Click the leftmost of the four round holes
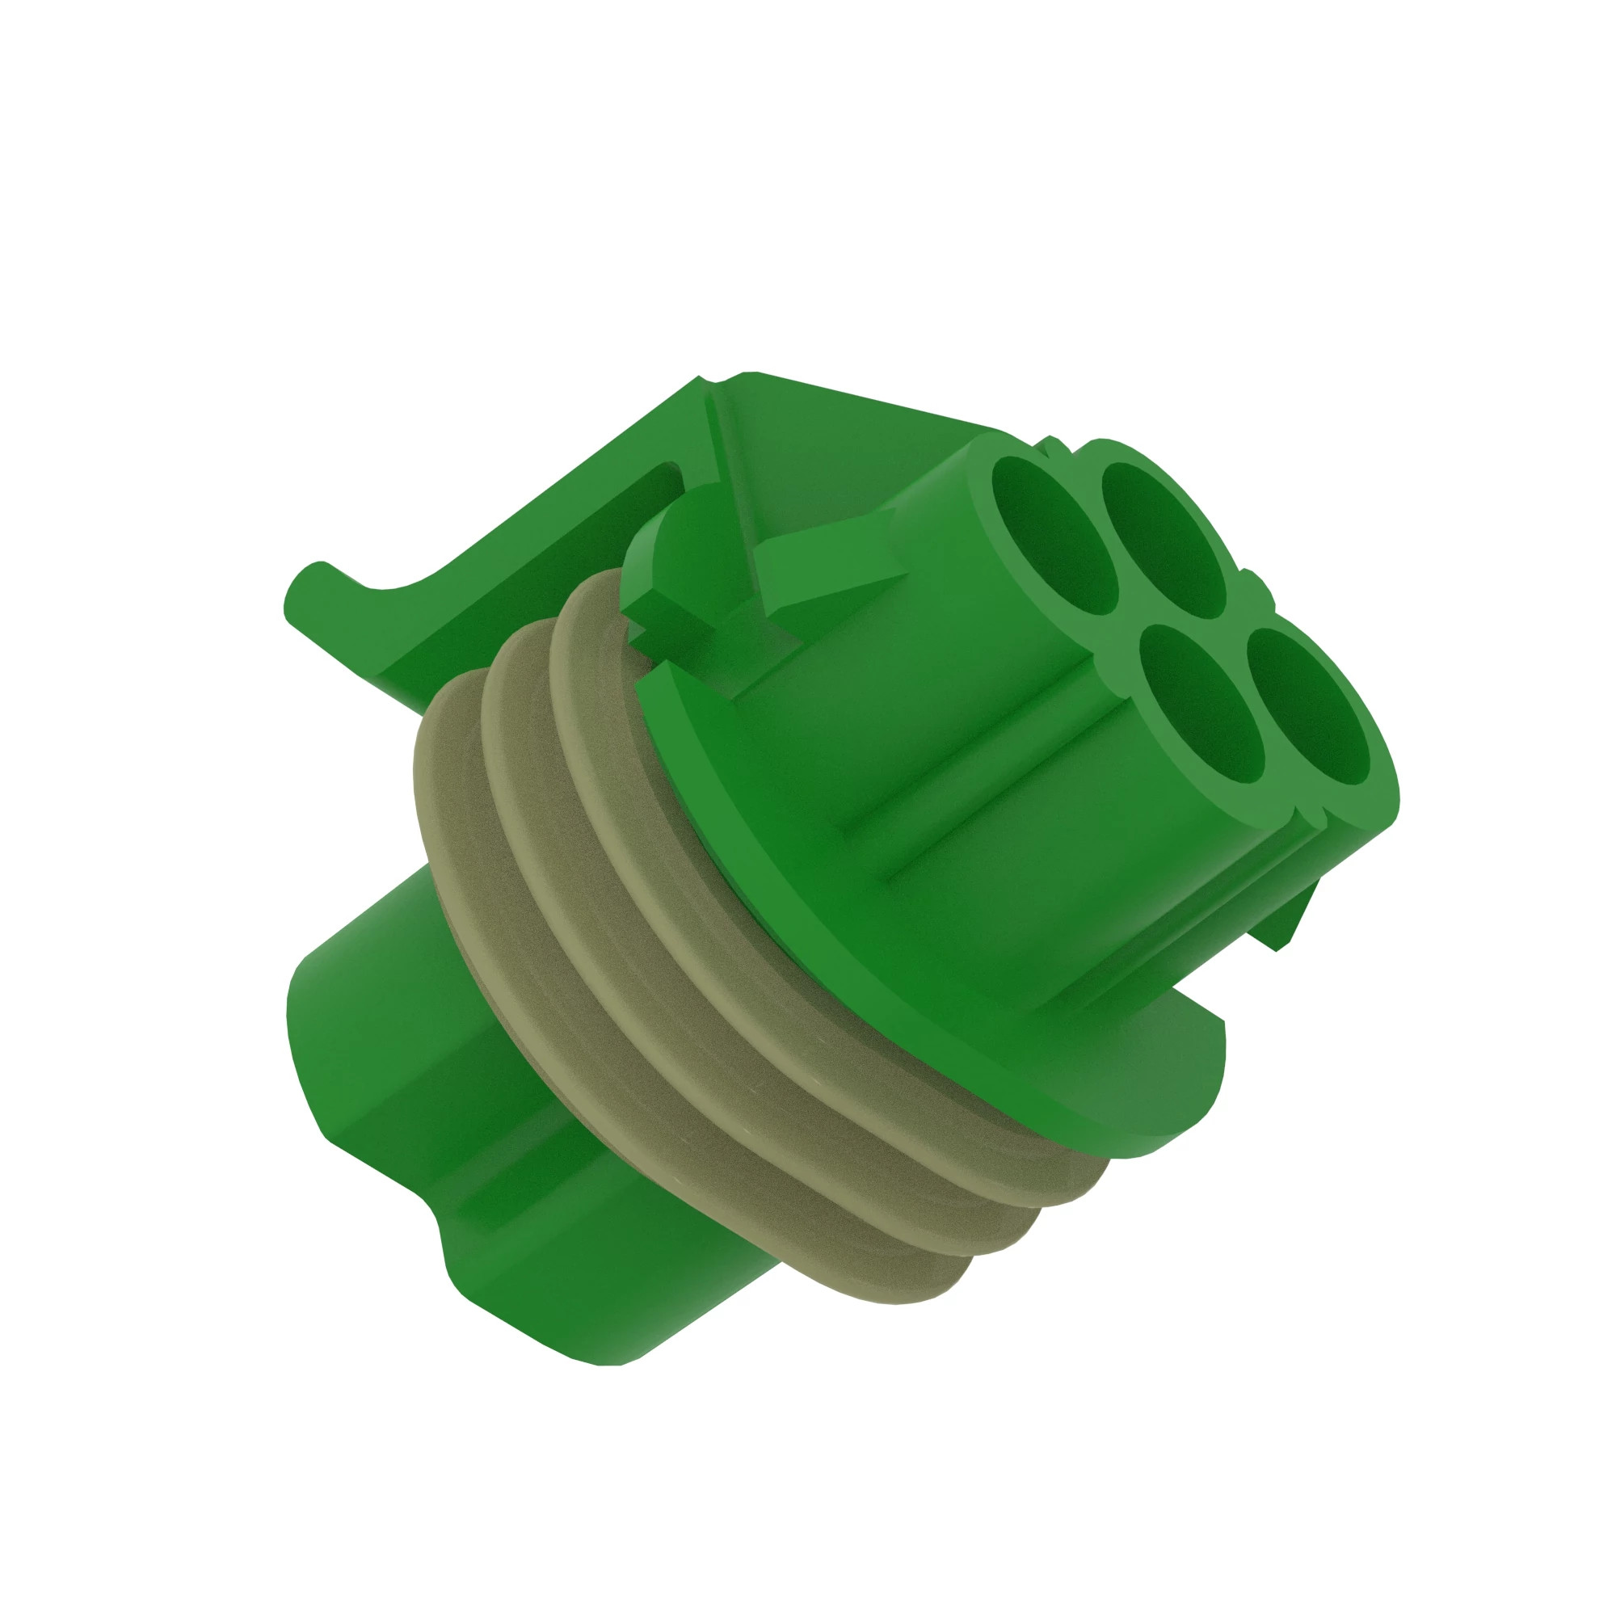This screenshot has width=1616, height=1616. point(1055,536)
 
